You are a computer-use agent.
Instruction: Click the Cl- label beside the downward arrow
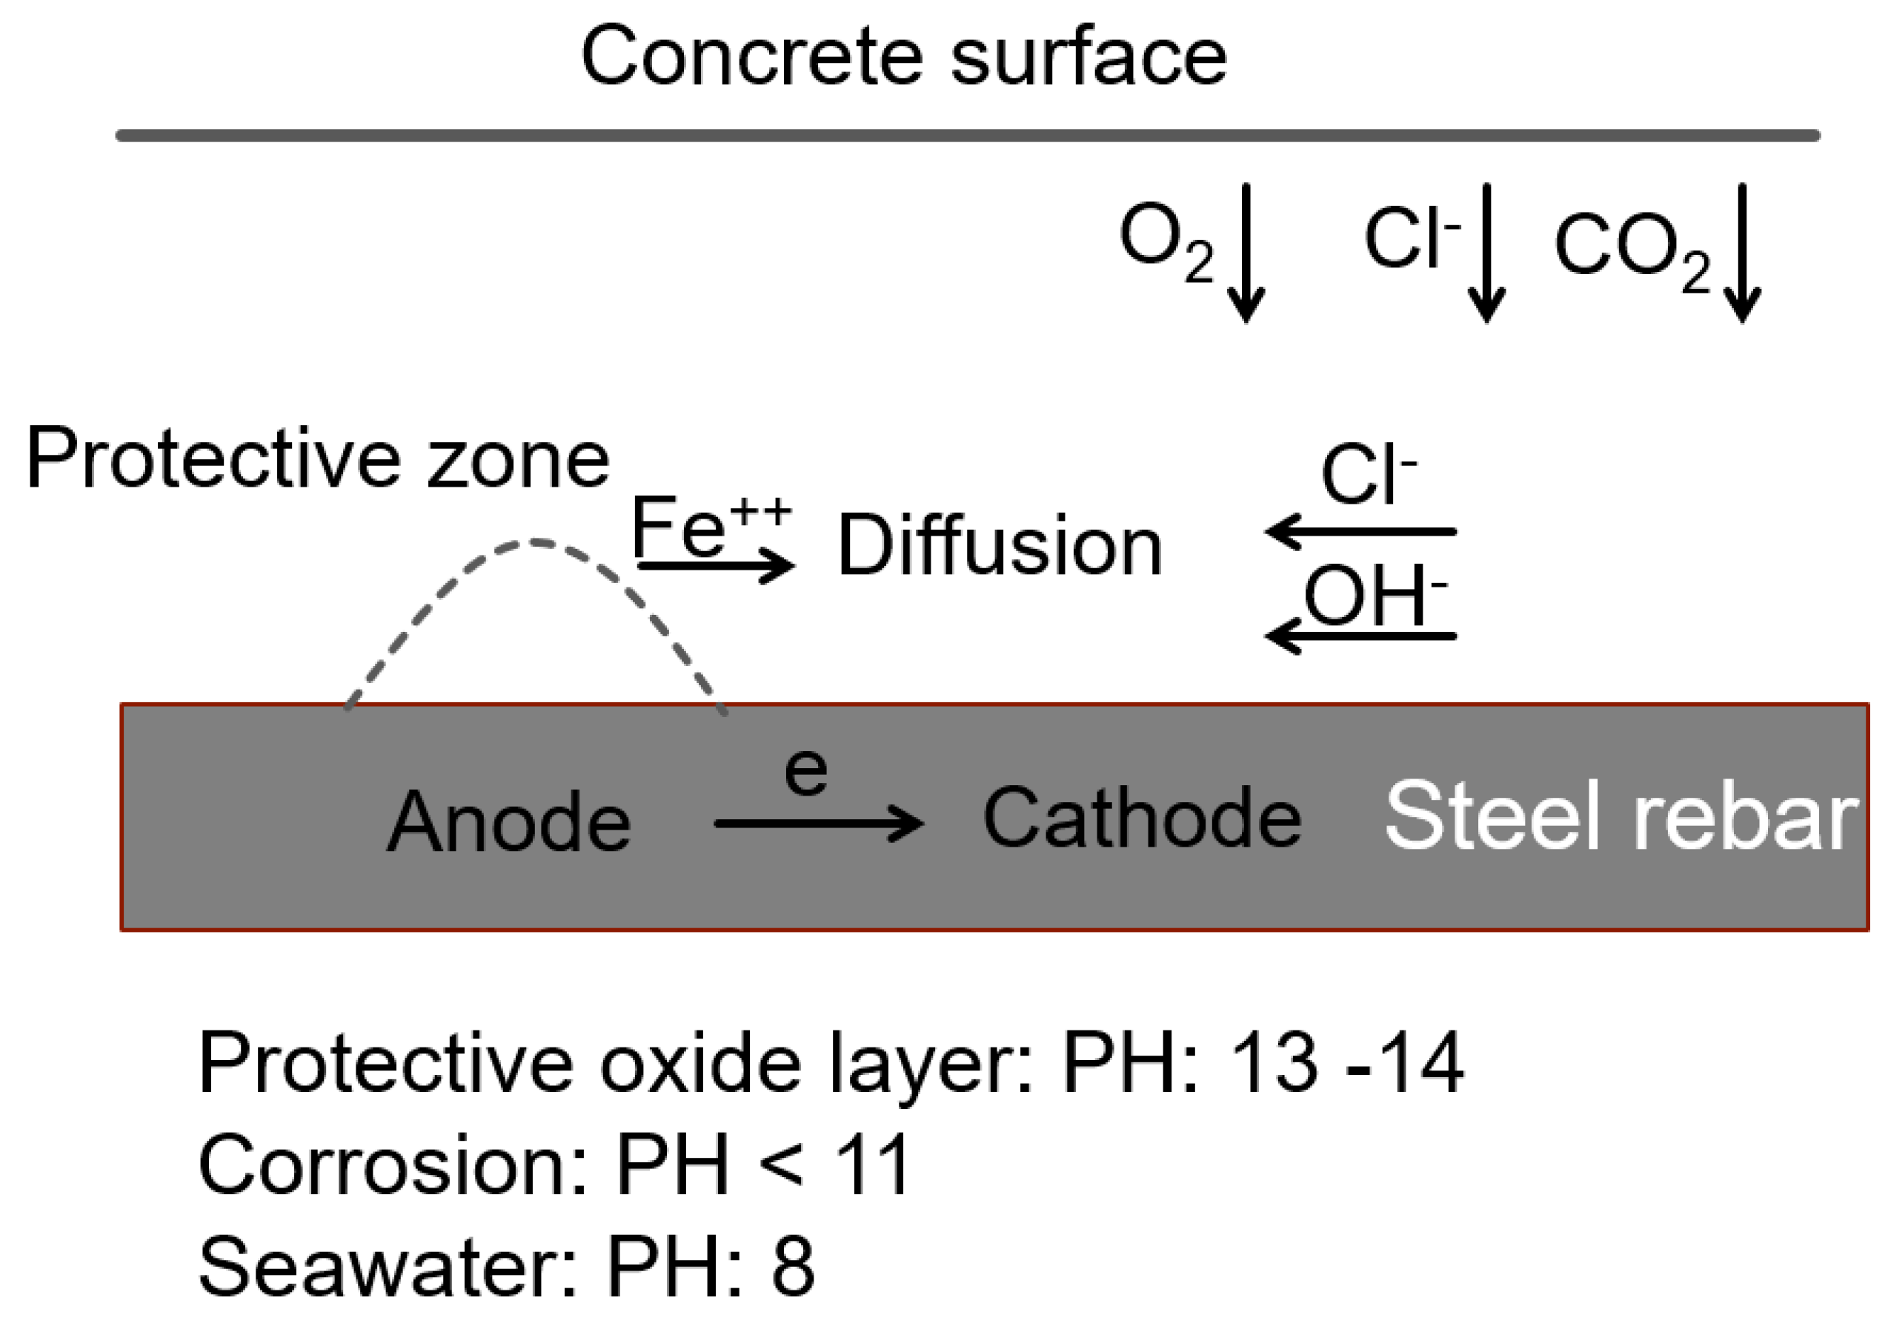click(1411, 239)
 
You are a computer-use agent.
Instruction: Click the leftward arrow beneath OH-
click(1360, 636)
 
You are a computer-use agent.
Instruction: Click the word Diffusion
click(1000, 546)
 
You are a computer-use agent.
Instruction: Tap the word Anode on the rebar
click(509, 822)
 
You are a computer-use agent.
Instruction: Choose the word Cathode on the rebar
click(1141, 818)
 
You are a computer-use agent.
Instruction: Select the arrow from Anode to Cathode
click(818, 823)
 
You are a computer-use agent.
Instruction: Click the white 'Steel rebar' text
click(1621, 816)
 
